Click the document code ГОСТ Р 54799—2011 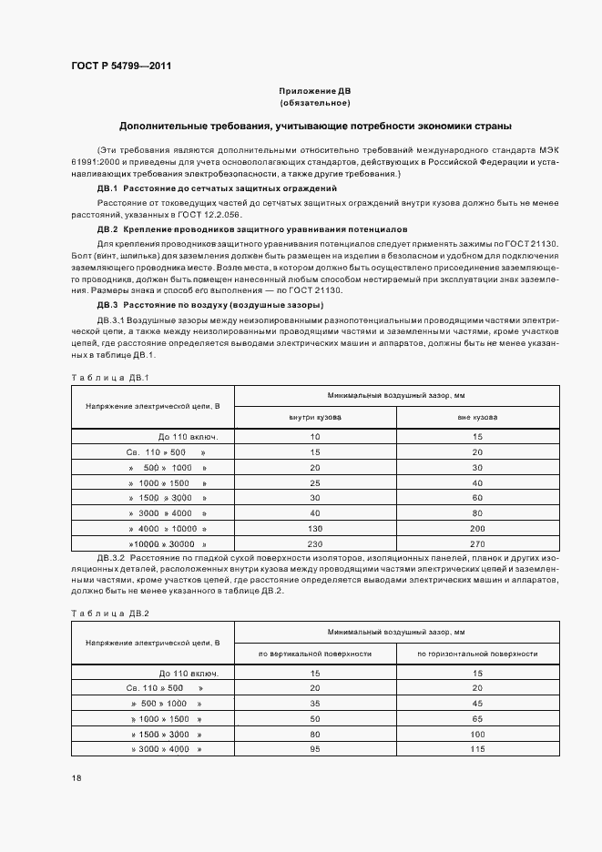121,66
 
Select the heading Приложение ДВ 315,92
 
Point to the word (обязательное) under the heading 315,104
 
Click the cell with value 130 315,529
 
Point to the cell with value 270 477,543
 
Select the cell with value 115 477,748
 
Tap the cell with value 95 315,748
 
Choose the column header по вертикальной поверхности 315,653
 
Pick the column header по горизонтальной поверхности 477,653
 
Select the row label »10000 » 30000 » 153,543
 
